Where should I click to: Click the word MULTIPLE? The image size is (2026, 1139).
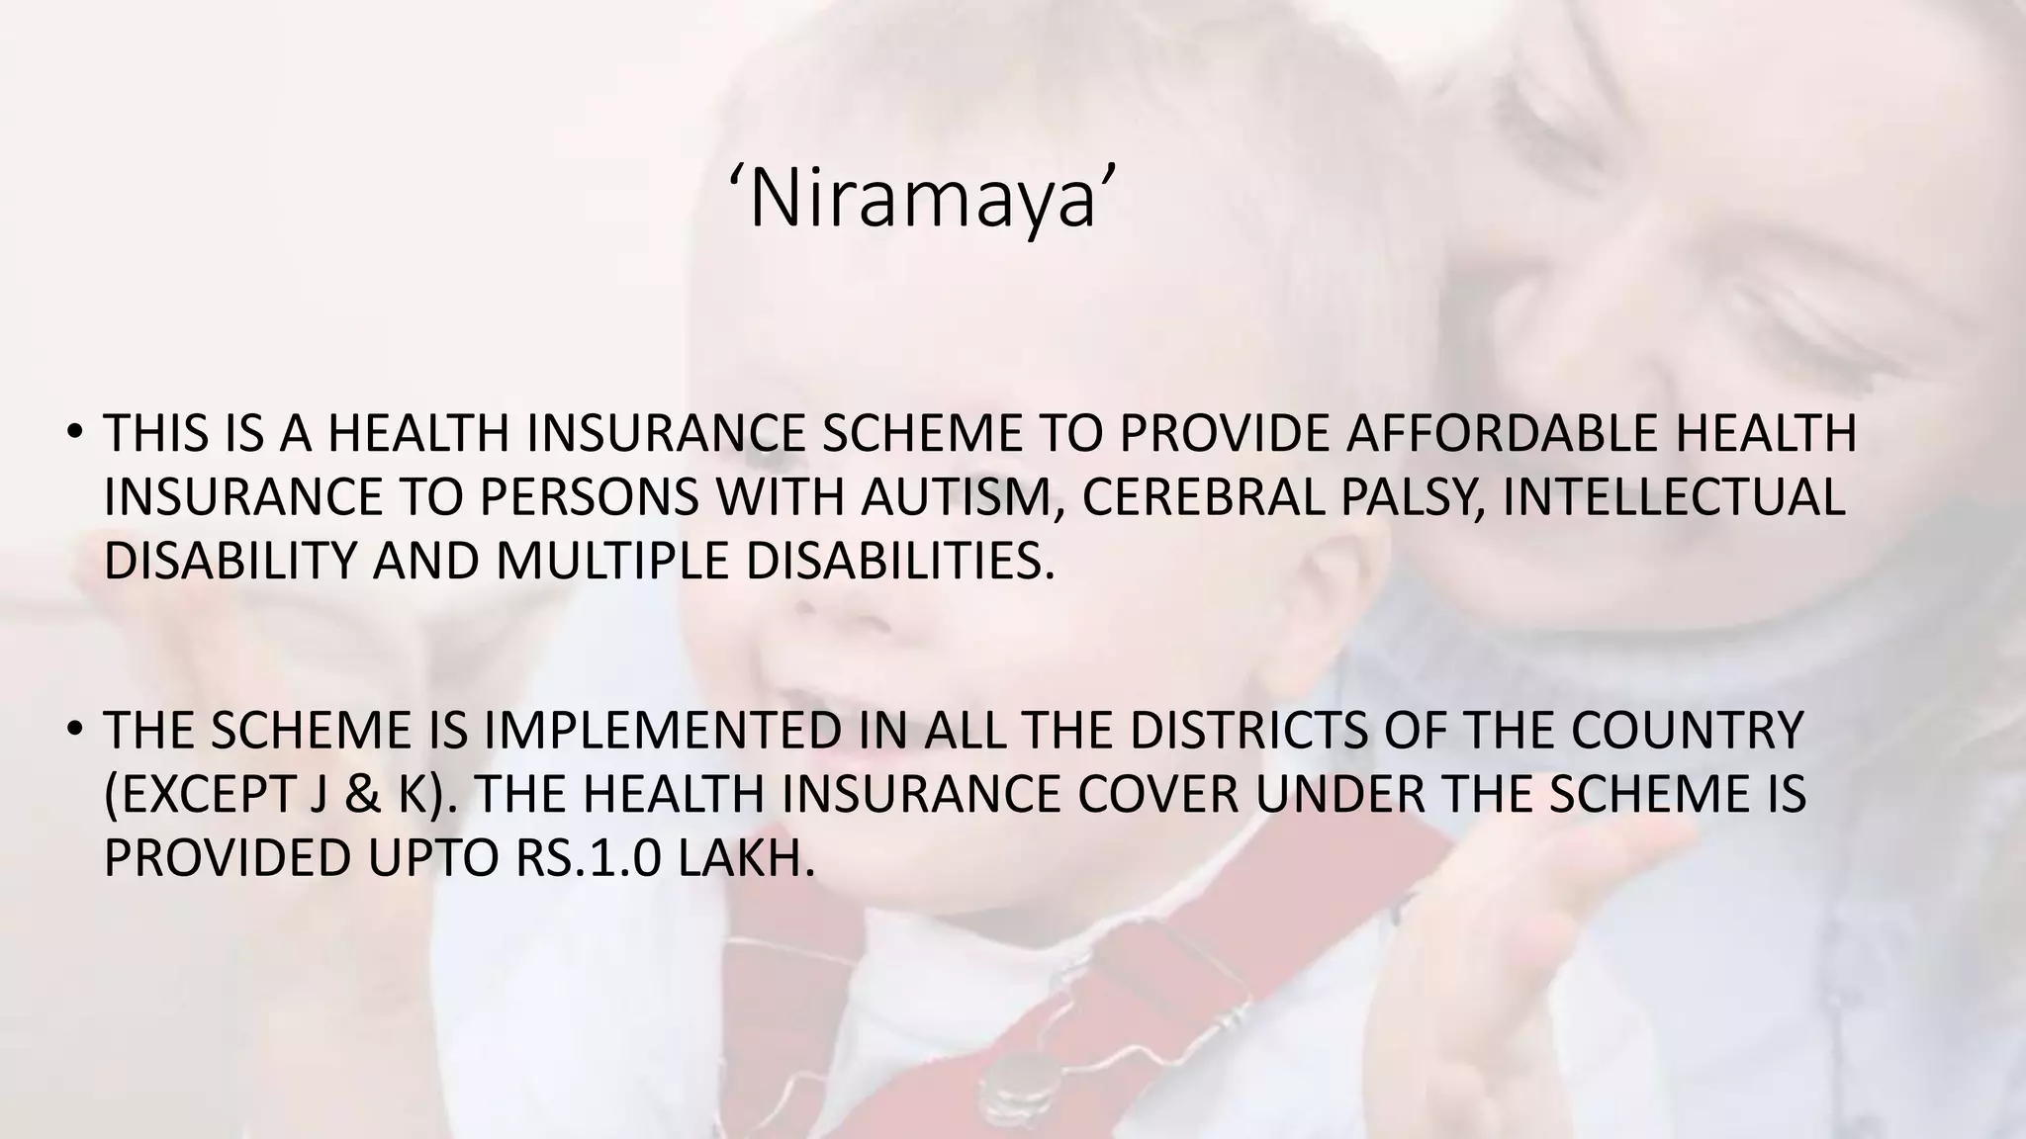pyautogui.click(x=611, y=561)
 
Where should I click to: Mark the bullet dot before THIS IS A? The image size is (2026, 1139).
pyautogui.click(x=73, y=435)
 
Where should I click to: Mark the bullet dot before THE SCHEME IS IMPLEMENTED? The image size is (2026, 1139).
pyautogui.click(x=73, y=732)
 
